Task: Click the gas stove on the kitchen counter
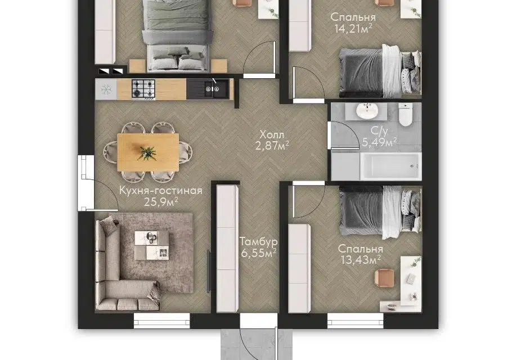pos(143,89)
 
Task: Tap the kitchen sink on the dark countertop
pos(213,89)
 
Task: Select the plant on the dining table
pos(147,153)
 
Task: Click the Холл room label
pos(272,135)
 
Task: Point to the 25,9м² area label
pos(161,202)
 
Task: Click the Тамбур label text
pos(258,241)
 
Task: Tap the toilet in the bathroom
pos(405,114)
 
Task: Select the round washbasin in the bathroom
pos(367,110)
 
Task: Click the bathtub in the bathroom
pos(391,166)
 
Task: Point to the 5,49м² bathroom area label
pos(380,142)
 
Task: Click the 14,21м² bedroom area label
pos(353,29)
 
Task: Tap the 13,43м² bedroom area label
pos(361,259)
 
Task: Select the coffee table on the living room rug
pos(152,245)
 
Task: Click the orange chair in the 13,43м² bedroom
pos(384,278)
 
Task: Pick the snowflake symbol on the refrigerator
pos(106,89)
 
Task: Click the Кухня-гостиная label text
pos(161,190)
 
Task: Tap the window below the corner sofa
pos(161,320)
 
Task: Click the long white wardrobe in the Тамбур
pos(227,249)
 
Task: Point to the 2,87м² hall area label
pos(272,146)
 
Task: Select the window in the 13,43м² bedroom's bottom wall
pos(356,320)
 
